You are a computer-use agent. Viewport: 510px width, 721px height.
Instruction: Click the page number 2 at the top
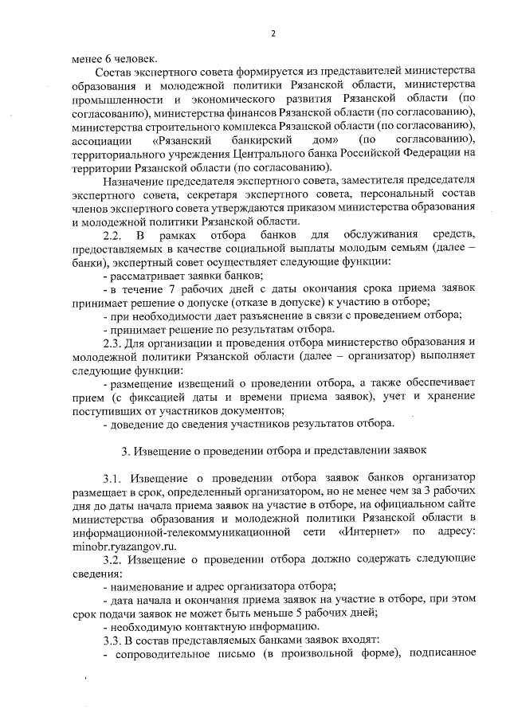point(273,33)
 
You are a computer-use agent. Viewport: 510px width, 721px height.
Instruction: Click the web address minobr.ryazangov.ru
point(120,545)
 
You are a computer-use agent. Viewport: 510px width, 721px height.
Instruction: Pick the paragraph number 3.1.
point(114,478)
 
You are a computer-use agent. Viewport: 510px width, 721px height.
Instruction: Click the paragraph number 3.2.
point(114,558)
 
